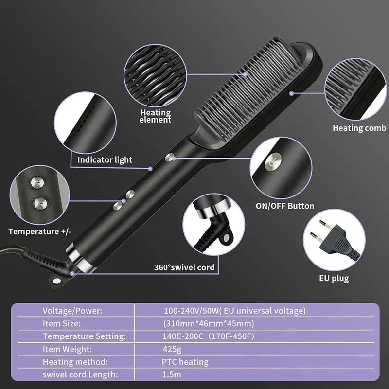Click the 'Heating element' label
pyautogui.click(x=155, y=116)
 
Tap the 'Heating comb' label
pyautogui.click(x=359, y=128)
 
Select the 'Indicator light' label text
pyautogui.click(x=105, y=159)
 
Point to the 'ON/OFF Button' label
pyautogui.click(x=285, y=206)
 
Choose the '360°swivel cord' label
pyautogui.click(x=184, y=267)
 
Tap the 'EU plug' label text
pyautogui.click(x=334, y=278)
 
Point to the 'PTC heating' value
pyautogui.click(x=185, y=362)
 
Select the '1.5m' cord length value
pyautogui.click(x=171, y=375)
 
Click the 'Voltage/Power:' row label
pyautogui.click(x=72, y=310)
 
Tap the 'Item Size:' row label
pyautogui.click(x=61, y=323)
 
